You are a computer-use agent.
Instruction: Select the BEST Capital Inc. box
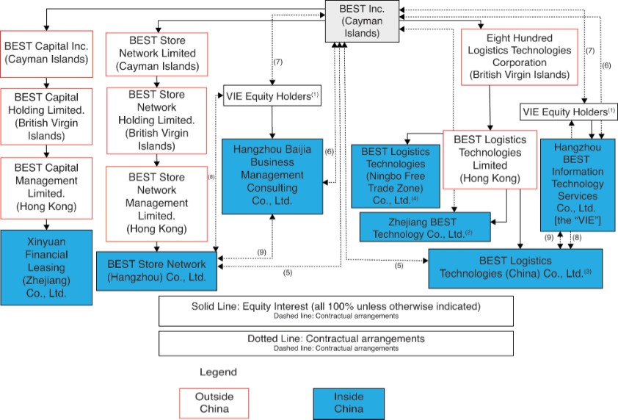pyautogui.click(x=46, y=52)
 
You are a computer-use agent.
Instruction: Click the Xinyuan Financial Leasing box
pyautogui.click(x=46, y=267)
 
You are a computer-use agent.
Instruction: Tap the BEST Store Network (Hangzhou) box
pyautogui.click(x=157, y=269)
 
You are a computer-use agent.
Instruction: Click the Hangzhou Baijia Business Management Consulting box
pyautogui.click(x=272, y=175)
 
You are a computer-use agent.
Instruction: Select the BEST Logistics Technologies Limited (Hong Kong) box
pyautogui.click(x=489, y=158)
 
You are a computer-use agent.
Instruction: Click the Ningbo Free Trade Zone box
pyautogui.click(x=396, y=175)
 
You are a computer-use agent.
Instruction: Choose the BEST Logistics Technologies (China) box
pyautogui.click(x=515, y=267)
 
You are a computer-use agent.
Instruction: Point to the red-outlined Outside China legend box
pyautogui.click(x=214, y=402)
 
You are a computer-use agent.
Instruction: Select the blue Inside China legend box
pyautogui.click(x=348, y=402)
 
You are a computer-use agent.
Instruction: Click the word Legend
pyautogui.click(x=218, y=372)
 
